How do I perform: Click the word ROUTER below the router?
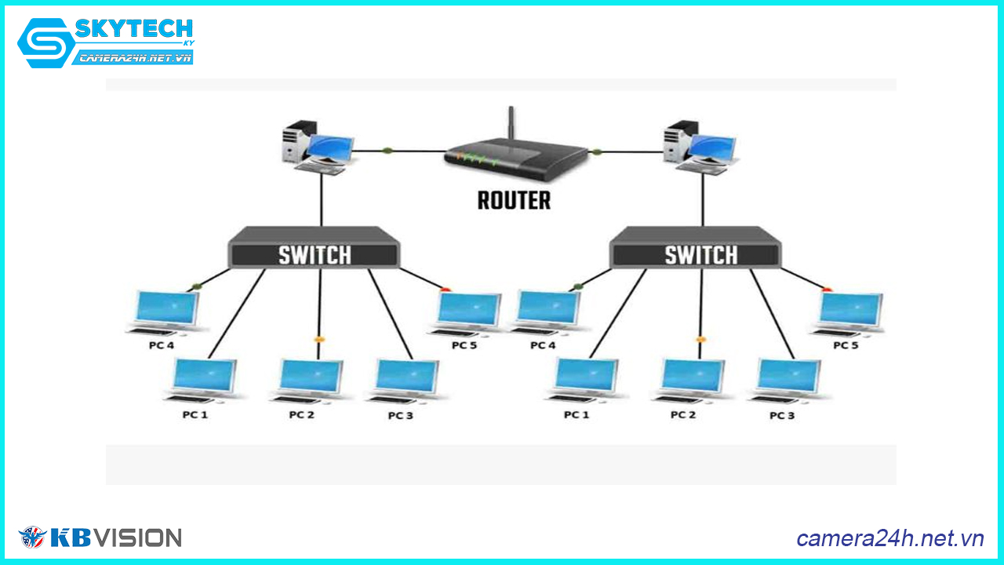[x=514, y=200]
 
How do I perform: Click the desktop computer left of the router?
[x=317, y=147]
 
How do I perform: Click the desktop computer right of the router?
[x=698, y=147]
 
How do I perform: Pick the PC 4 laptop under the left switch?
[x=166, y=312]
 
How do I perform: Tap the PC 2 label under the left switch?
[x=301, y=414]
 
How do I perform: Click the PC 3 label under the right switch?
[x=782, y=415]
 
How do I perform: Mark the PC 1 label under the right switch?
[x=577, y=414]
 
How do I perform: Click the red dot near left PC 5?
[x=446, y=290]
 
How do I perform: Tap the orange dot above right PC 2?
[x=700, y=340]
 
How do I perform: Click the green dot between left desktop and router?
[x=386, y=149]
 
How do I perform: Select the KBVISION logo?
[x=100, y=538]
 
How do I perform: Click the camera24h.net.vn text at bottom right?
[x=889, y=538]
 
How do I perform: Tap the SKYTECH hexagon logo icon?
[x=44, y=43]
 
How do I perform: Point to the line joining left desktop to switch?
[x=321, y=200]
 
